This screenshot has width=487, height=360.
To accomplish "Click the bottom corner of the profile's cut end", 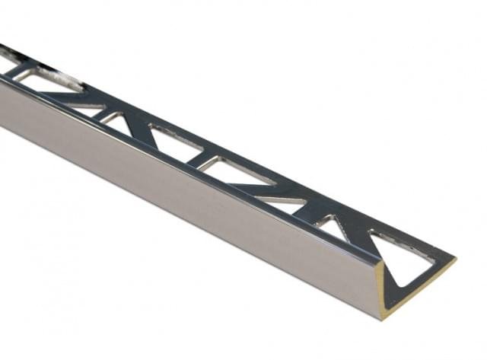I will [380, 318].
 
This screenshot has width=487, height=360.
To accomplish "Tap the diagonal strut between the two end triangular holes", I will [355, 228].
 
